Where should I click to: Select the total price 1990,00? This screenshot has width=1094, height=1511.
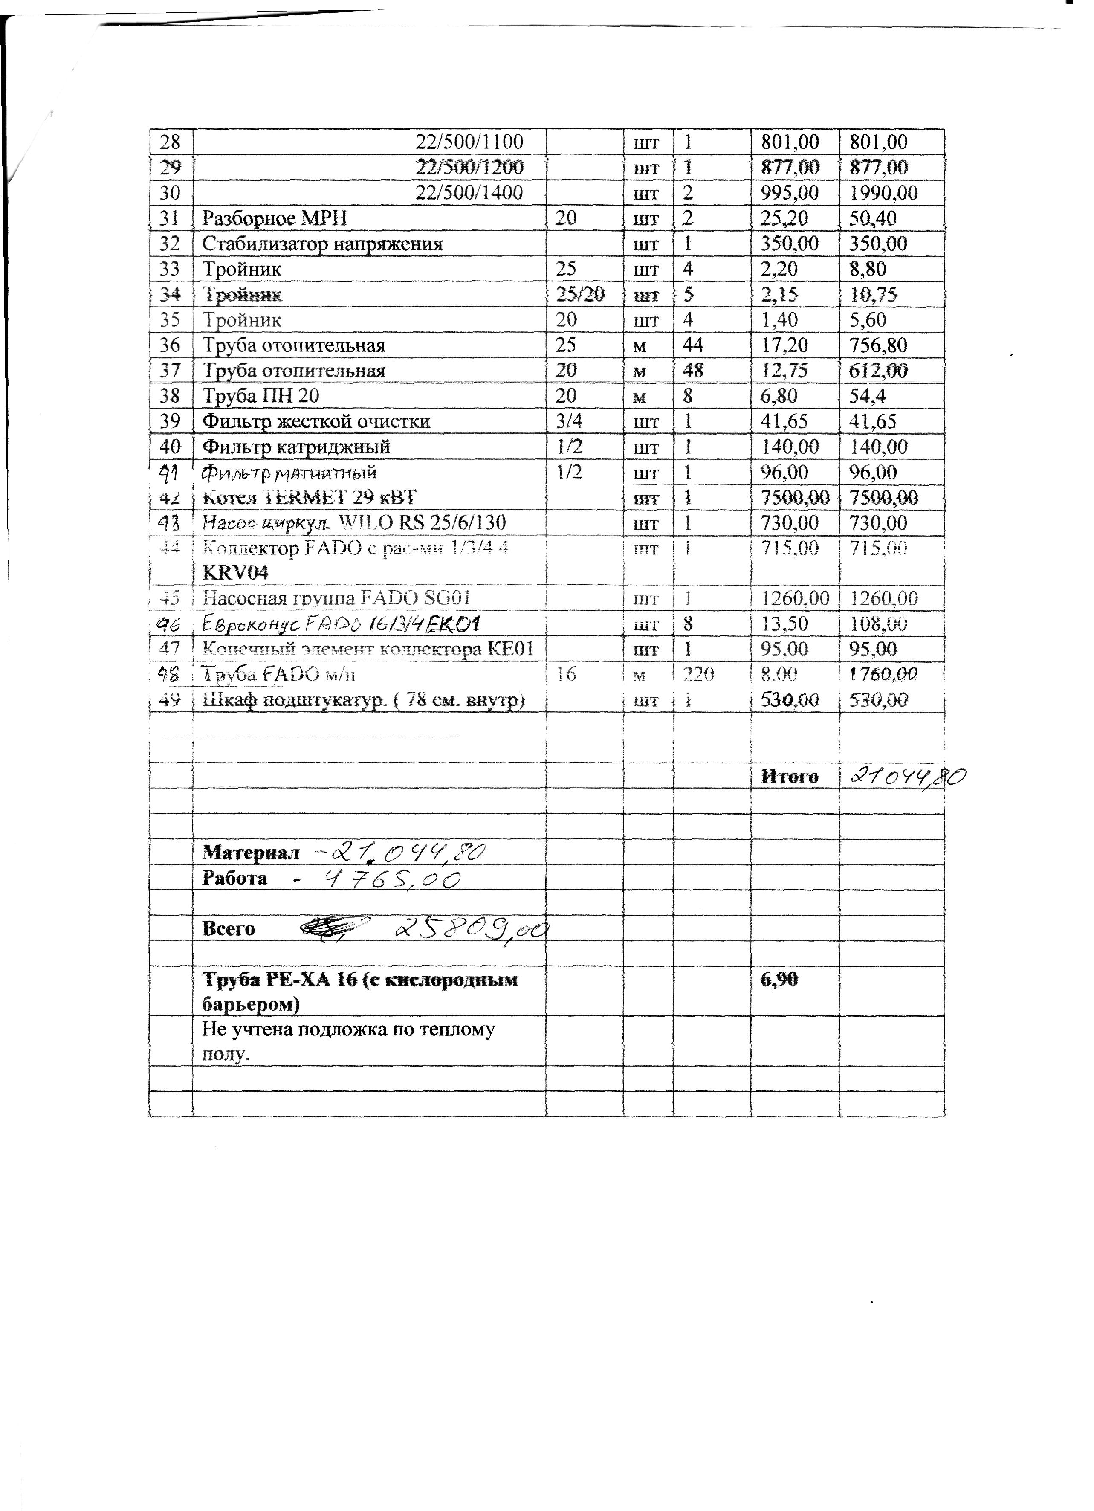click(883, 193)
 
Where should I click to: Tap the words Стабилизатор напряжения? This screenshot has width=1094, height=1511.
click(322, 244)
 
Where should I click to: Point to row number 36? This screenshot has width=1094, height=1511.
click(171, 345)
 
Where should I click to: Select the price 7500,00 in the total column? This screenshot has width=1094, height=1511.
click(883, 498)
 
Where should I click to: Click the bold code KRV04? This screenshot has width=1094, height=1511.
click(236, 573)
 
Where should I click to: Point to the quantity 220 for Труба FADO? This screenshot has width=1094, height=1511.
click(698, 675)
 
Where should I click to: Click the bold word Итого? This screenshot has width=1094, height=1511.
click(789, 777)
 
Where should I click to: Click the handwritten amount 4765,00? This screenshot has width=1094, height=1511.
click(391, 879)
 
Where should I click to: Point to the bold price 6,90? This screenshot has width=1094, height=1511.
click(779, 980)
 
